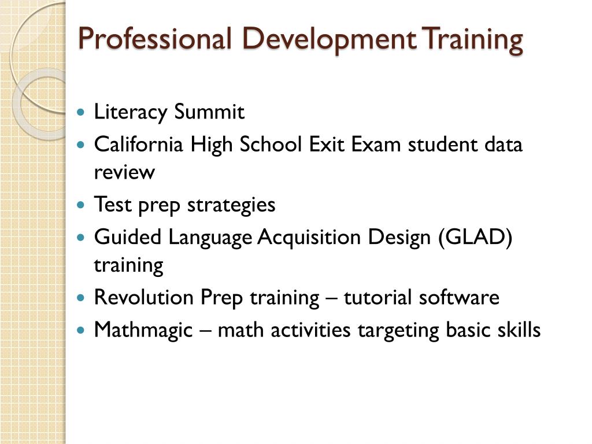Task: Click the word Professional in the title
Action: [x=154, y=39]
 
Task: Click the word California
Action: [x=138, y=144]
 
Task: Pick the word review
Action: [x=124, y=172]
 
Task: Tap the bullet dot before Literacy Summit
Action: [x=81, y=112]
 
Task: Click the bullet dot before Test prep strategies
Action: [x=81, y=205]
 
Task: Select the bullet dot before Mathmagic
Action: [x=81, y=331]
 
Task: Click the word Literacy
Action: [x=130, y=112]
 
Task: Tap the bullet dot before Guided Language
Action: [x=81, y=238]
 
